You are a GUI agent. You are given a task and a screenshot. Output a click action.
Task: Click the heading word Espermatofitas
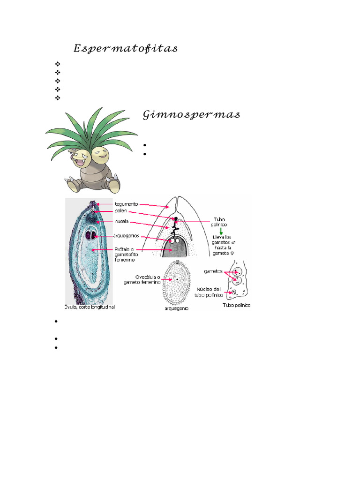125,49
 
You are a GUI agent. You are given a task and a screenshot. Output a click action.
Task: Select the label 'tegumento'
127,204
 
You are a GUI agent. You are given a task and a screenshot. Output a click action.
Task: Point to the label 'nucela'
121,221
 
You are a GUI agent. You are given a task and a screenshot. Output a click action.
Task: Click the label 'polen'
121,212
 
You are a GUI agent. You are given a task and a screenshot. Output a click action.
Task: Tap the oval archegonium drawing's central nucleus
177,278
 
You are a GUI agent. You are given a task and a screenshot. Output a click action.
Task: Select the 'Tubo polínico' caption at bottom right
235,305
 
